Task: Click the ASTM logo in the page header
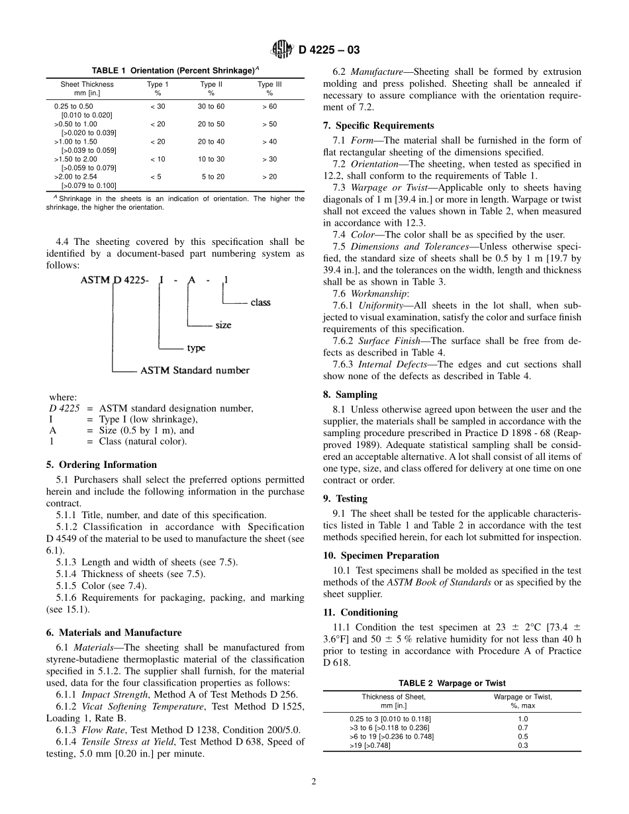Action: [281, 50]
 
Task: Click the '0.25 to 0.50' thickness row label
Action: [73, 106]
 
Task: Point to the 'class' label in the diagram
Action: [260, 302]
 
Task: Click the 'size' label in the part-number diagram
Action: [223, 326]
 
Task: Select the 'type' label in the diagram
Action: [196, 348]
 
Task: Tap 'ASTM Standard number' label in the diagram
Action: [195, 371]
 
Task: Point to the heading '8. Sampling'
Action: [350, 394]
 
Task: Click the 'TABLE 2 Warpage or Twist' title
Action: [452, 683]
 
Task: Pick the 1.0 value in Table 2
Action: [523, 719]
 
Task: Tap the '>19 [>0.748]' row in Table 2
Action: [370, 745]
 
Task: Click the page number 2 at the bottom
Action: [314, 782]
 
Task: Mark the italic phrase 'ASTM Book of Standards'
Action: [438, 582]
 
